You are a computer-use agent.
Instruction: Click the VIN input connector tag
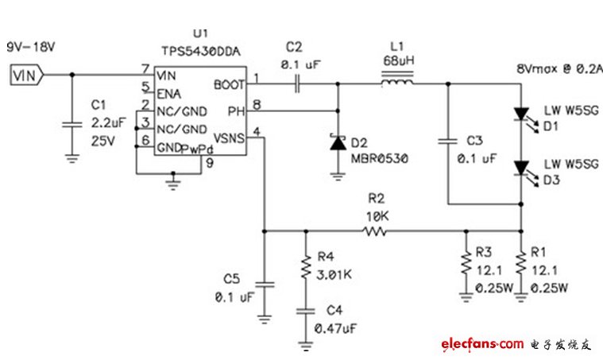click(25, 75)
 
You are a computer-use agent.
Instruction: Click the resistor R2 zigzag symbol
click(374, 232)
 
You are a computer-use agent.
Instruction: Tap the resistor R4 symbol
click(304, 268)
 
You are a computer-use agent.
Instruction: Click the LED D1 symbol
click(520, 116)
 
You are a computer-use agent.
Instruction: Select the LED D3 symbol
click(520, 168)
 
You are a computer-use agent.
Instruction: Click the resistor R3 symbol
click(466, 263)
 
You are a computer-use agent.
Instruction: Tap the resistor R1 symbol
click(520, 263)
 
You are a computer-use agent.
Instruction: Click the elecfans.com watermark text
click(481, 343)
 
